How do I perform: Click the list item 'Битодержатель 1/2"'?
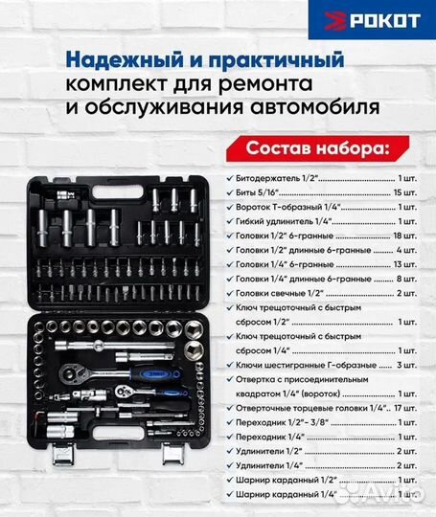pyautogui.click(x=280, y=179)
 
